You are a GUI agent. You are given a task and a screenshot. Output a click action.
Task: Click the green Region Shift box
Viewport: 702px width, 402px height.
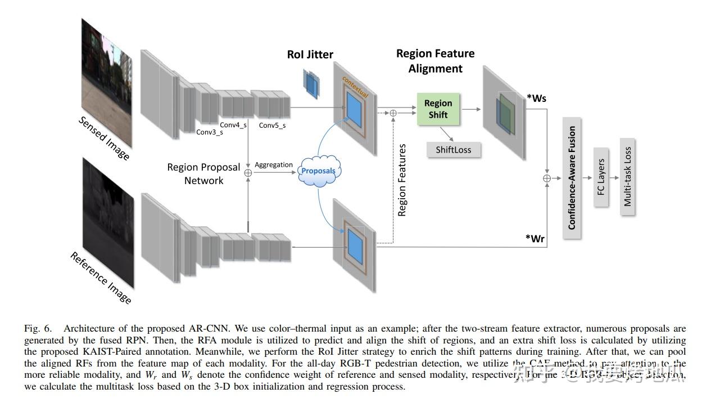(438, 109)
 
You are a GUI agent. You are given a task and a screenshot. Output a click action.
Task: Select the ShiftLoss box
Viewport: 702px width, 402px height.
(454, 150)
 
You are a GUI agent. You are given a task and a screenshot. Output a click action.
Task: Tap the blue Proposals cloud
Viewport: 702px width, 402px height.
(318, 171)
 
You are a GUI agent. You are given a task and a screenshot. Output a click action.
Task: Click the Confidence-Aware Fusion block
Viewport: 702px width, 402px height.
(572, 177)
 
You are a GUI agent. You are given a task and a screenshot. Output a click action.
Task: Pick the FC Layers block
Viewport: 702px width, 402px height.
(601, 176)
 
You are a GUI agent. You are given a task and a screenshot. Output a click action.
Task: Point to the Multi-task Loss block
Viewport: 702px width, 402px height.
(627, 176)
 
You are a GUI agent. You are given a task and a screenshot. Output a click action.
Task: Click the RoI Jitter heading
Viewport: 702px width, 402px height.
(310, 55)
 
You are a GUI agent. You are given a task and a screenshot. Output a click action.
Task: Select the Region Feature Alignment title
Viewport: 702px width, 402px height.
(435, 61)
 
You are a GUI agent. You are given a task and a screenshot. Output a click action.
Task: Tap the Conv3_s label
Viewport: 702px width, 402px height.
(209, 132)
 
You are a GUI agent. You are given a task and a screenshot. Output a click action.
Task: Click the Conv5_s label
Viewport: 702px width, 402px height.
(272, 125)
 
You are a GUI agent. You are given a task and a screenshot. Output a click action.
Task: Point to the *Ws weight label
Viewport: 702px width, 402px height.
(536, 99)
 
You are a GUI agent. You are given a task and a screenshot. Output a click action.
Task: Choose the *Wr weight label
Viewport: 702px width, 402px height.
(535, 238)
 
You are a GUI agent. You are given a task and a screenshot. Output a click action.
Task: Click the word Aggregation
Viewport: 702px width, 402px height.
(274, 165)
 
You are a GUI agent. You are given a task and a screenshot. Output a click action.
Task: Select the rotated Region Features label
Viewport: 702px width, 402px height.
(402, 180)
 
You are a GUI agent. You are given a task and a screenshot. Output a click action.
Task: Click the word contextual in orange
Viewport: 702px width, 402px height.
(355, 88)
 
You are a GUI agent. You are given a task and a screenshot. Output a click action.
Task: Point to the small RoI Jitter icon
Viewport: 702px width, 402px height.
(310, 82)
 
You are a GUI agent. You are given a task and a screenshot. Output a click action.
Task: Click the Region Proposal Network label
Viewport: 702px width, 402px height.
(203, 174)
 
